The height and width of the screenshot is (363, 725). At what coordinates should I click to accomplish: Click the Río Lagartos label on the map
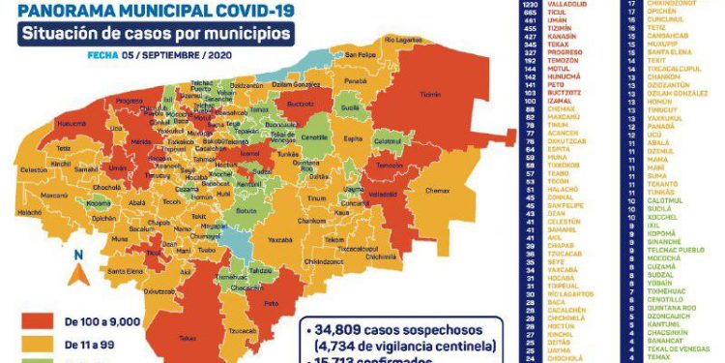coord(403,40)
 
